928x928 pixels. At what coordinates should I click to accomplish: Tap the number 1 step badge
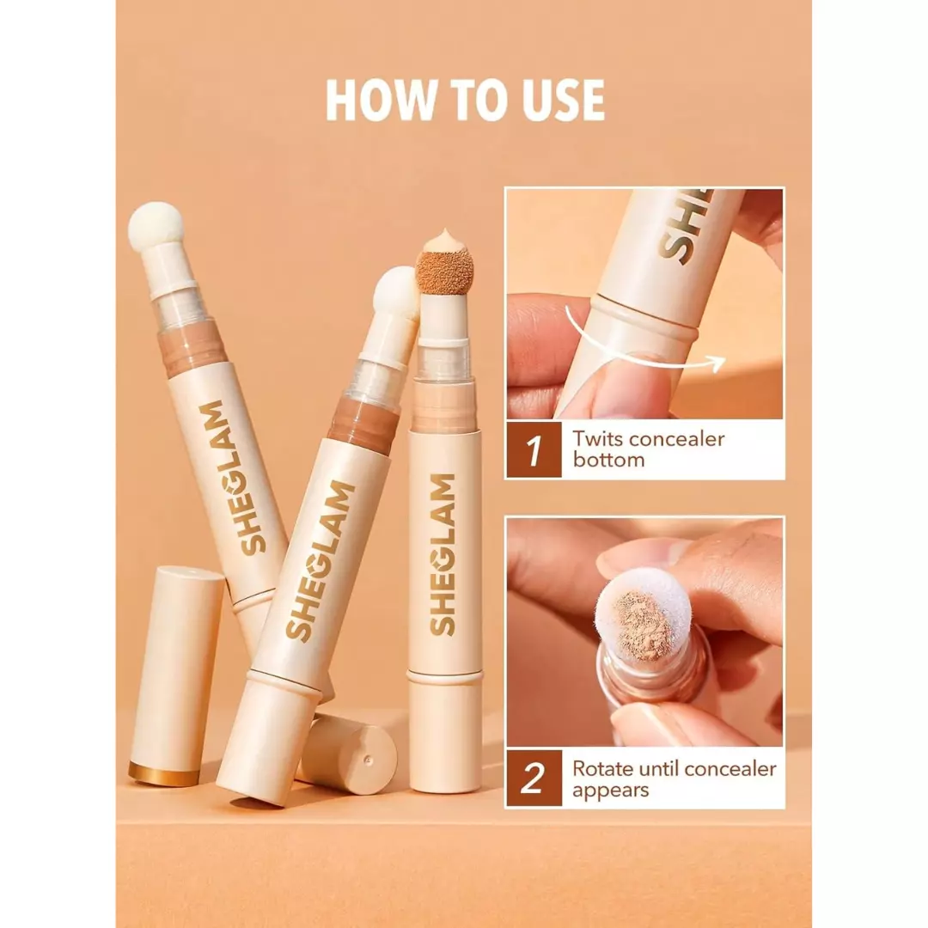(x=534, y=449)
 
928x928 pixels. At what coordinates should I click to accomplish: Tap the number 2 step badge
(x=534, y=778)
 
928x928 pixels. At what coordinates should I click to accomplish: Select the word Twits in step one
(x=598, y=439)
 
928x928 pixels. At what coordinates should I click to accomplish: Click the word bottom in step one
(x=608, y=460)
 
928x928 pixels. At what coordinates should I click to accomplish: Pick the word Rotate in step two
(x=607, y=768)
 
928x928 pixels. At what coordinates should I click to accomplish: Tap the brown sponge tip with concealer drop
(x=443, y=268)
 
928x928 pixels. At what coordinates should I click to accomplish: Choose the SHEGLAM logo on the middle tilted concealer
(x=319, y=559)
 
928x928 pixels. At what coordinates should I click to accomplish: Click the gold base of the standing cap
(x=164, y=773)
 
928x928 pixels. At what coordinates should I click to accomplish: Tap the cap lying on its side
(x=348, y=754)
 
